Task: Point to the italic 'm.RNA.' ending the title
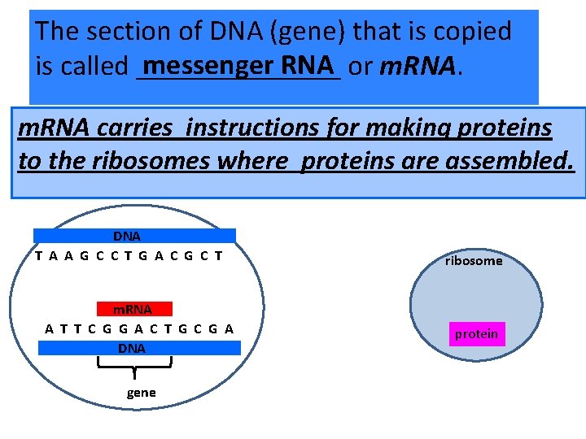coord(422,66)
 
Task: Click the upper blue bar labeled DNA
coord(134,236)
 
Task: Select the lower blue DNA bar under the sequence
coord(139,348)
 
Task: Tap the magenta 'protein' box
coord(477,334)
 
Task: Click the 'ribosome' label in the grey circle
coord(474,261)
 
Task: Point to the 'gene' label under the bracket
coord(141,393)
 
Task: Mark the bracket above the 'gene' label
coord(132,367)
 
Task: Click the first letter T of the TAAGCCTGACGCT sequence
coord(39,255)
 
